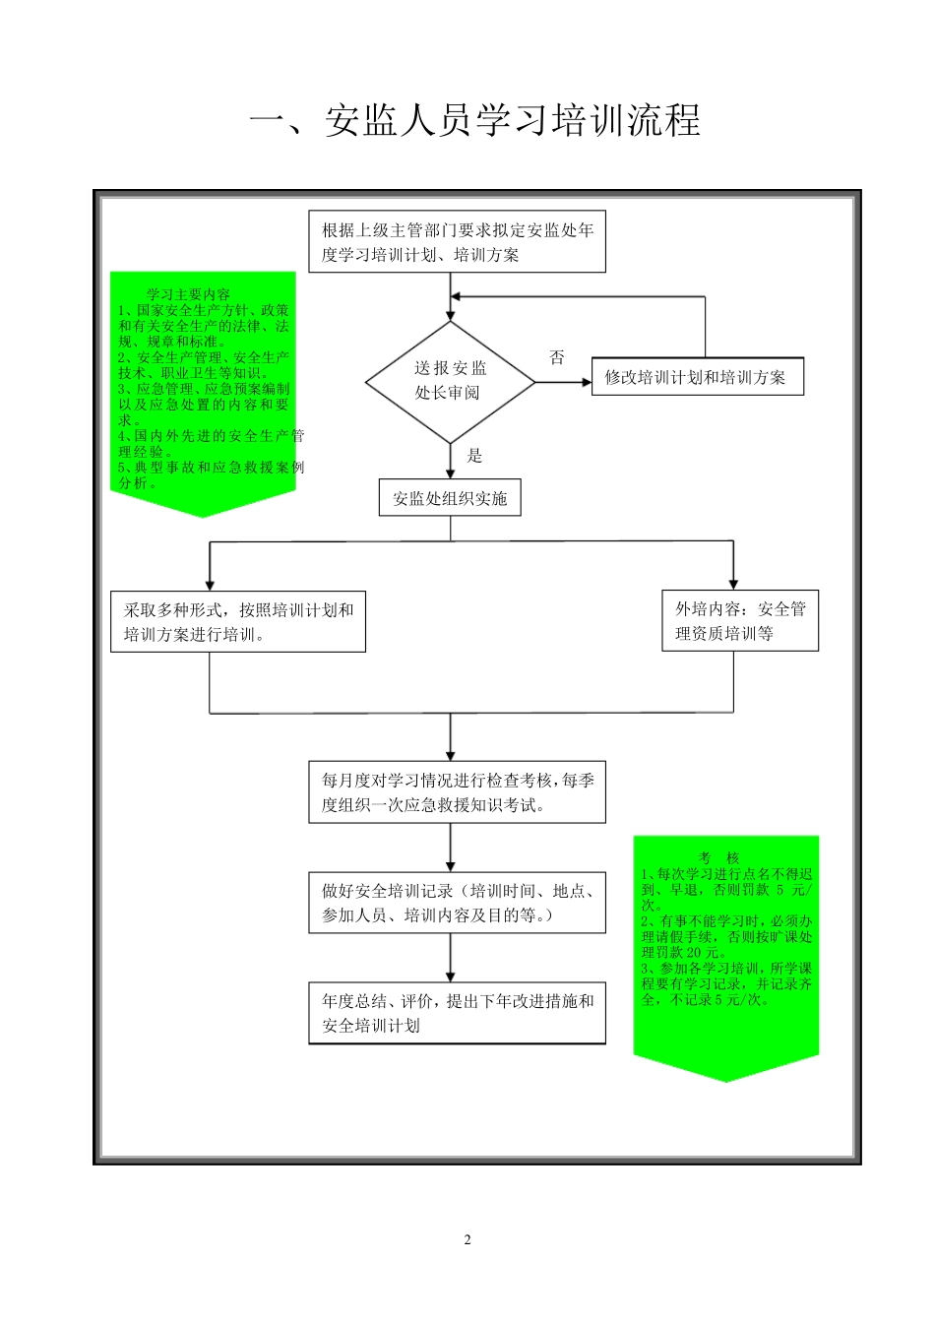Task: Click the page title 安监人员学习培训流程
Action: tap(474, 120)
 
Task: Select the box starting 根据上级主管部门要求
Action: tap(457, 242)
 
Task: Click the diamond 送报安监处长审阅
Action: tap(451, 381)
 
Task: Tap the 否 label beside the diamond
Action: tap(557, 357)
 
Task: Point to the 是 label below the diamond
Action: tap(474, 455)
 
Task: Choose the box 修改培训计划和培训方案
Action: tap(697, 377)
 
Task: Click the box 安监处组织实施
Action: tap(450, 498)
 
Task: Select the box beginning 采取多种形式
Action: tap(237, 622)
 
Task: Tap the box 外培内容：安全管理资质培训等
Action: tap(739, 621)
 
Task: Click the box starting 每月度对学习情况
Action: tap(457, 792)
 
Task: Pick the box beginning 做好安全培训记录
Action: tap(457, 903)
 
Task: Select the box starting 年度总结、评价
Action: tap(457, 1013)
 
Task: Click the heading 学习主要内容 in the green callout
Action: tap(188, 294)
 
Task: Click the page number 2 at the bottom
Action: tap(467, 1239)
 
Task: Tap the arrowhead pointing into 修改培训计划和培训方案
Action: tap(585, 378)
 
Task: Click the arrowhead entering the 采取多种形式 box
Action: tap(210, 585)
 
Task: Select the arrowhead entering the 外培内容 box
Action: tap(733, 584)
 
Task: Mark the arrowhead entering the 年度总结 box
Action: tap(451, 976)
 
